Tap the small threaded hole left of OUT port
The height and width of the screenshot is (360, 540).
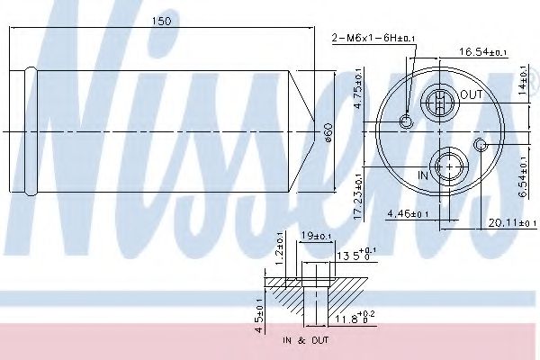(407, 121)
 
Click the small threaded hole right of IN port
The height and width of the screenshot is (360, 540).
(481, 146)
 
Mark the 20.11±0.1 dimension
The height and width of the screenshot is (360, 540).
(495, 222)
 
